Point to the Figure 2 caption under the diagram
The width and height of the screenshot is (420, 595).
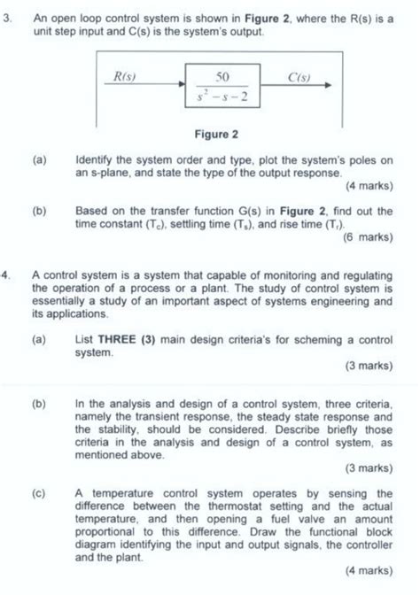point(217,135)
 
